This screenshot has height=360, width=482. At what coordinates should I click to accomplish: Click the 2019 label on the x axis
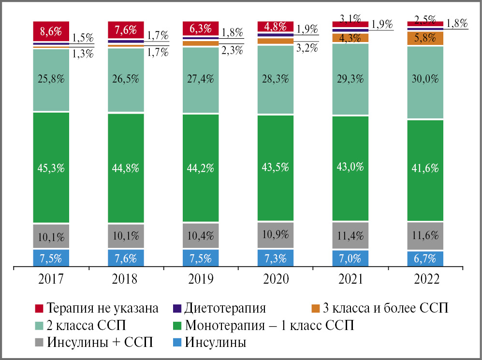pyautogui.click(x=201, y=279)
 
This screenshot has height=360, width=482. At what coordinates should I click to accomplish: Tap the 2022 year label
pyautogui.click(x=425, y=279)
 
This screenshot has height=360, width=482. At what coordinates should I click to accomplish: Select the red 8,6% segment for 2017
pyautogui.click(x=51, y=31)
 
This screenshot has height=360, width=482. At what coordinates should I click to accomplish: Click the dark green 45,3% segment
pyautogui.click(x=51, y=168)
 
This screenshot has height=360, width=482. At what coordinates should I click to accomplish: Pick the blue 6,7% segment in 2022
pyautogui.click(x=425, y=259)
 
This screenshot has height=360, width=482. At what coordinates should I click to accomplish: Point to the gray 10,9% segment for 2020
pyautogui.click(x=276, y=234)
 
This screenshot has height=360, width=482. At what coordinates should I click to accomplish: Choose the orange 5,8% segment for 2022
pyautogui.click(x=425, y=38)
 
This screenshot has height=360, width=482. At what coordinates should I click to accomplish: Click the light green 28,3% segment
pyautogui.click(x=276, y=80)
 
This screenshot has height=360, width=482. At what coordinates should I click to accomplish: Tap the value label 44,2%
pyautogui.click(x=201, y=168)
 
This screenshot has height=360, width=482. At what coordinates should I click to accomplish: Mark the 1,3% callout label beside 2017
pyautogui.click(x=83, y=53)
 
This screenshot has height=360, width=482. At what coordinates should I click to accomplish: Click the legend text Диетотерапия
pyautogui.click(x=225, y=308)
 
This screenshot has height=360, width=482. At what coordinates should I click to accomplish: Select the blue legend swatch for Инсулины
pyautogui.click(x=176, y=343)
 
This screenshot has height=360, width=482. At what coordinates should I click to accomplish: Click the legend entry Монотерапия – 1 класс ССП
pyautogui.click(x=269, y=325)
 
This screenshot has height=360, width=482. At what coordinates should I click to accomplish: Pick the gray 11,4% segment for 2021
pyautogui.click(x=351, y=235)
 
